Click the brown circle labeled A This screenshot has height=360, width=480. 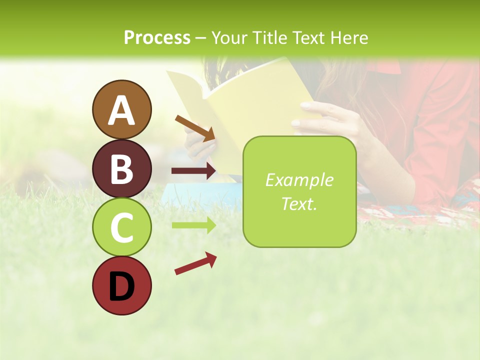coord(122,109)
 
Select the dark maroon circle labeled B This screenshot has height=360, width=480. coord(122,168)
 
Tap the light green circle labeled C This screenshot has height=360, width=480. coord(122,227)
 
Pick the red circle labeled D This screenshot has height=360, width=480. coord(122,285)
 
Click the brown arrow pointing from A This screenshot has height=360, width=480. coord(195,127)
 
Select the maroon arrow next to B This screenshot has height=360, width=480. coord(193,171)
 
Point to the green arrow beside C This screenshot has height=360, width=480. coord(193,225)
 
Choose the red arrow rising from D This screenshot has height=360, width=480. coord(195,263)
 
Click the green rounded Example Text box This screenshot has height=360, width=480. coord(299,191)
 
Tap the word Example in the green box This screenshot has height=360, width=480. coord(299,180)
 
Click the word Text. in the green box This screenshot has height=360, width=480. coord(299,204)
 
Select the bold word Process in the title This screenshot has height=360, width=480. coord(157,37)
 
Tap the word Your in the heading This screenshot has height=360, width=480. coord(228,37)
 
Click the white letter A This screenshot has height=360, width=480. coord(122,110)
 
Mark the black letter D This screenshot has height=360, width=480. coord(122,286)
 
